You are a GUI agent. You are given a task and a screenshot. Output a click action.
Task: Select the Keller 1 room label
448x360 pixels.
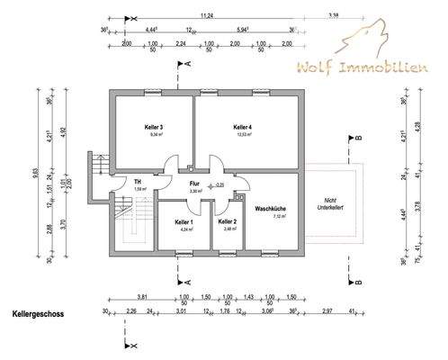tap(184, 221)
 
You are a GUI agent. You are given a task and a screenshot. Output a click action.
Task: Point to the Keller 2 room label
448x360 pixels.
tap(228, 221)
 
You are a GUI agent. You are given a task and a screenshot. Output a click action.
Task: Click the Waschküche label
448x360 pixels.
tap(271, 208)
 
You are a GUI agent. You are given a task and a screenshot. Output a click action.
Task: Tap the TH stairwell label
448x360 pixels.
tap(139, 180)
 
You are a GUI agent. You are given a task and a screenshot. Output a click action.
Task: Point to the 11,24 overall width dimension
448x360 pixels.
tap(207, 15)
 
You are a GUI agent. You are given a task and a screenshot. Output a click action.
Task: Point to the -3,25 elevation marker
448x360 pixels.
tap(219, 184)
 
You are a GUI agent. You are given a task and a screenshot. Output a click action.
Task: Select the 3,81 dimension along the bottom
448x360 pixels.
tap(141, 296)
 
